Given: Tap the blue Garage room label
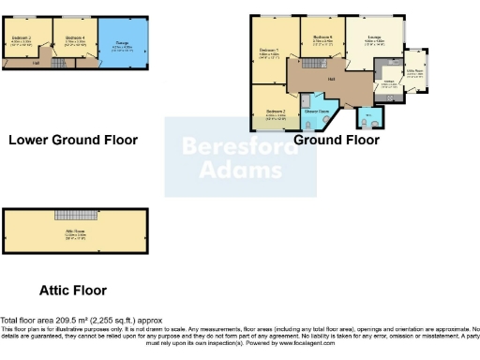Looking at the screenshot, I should point(122,42).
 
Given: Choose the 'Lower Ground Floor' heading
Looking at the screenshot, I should point(73,140).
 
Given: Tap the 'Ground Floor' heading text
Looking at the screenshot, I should point(337,140).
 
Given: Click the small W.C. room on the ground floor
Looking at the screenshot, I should point(368,118).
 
